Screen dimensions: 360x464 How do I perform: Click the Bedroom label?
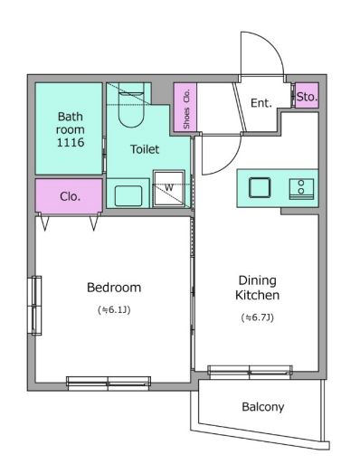point(114,288)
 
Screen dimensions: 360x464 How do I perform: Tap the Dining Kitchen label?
point(257,288)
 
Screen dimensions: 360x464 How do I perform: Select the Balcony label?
point(263,407)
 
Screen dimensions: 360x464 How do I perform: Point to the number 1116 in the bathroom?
point(71,142)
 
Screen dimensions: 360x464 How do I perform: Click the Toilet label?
point(145,149)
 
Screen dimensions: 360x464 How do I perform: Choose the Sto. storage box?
point(307,95)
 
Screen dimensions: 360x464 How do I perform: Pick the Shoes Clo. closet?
point(185,107)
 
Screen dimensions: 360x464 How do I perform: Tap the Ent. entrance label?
point(261,103)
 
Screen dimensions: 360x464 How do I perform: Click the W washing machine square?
point(169,188)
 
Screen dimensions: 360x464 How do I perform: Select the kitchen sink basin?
point(260,187)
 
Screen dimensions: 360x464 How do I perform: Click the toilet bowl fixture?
point(130,106)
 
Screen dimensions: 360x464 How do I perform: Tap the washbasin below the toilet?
point(128,196)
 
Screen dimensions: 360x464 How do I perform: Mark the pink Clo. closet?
point(69,196)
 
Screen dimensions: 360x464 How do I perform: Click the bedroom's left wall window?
point(35,305)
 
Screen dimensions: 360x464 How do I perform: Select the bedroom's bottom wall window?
point(109,384)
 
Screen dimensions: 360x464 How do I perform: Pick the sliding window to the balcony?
point(250,372)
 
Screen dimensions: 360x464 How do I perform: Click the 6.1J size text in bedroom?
point(114,310)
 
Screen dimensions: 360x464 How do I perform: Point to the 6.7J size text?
point(257,317)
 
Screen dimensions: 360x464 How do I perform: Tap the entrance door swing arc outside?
point(271,44)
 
